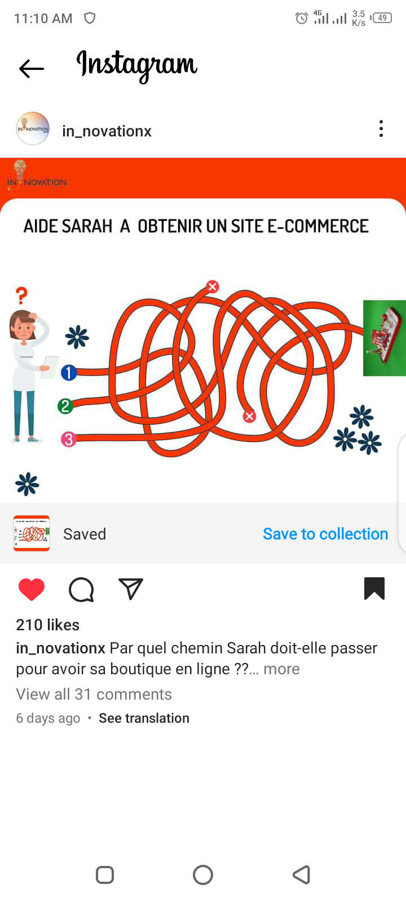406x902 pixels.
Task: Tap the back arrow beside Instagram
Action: coord(32,68)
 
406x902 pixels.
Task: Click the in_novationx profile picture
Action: coord(33,129)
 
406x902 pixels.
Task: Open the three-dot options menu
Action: coord(381,129)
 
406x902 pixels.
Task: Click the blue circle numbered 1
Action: coord(69,373)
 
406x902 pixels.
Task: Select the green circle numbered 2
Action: coord(65,406)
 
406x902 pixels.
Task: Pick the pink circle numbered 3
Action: coord(68,439)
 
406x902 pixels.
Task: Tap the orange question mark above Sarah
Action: coord(22,295)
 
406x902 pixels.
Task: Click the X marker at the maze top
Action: coord(212,286)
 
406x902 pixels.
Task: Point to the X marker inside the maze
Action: coord(249,416)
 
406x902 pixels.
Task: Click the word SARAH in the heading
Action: coord(87,226)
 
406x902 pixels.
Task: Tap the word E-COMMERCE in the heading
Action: coord(318,226)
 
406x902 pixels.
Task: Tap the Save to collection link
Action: coord(325,534)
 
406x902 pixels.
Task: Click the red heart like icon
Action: coord(32,589)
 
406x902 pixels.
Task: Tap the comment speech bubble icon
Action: coord(81,590)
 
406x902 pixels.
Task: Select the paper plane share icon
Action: coord(131,589)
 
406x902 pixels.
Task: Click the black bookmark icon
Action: coord(374,589)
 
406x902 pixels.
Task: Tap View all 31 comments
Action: coord(94,694)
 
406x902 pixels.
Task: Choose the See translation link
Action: coord(144,718)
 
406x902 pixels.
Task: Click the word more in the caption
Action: coord(281,669)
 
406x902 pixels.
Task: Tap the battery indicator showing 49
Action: coord(381,17)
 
